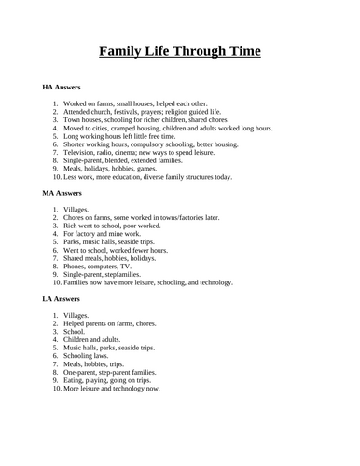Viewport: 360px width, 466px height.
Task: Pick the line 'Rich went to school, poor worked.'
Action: click(x=117, y=226)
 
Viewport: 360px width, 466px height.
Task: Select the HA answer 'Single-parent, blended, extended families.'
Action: click(x=130, y=160)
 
